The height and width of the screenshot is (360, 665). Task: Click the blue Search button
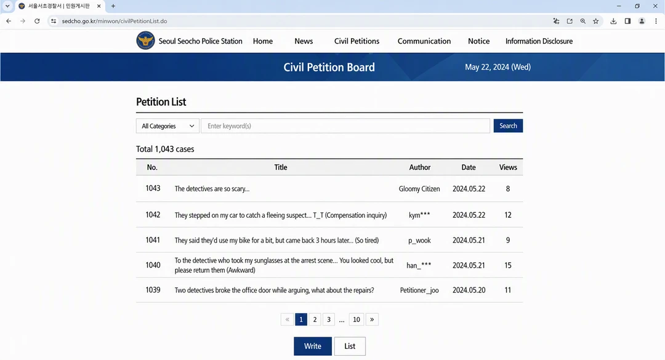tap(507, 126)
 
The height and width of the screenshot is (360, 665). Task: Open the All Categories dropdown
tap(167, 126)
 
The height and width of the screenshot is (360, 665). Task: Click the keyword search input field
tap(345, 126)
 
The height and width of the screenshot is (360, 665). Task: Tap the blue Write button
tap(313, 346)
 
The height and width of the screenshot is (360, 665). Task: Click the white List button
tap(350, 346)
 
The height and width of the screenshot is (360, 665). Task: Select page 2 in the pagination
tap(315, 319)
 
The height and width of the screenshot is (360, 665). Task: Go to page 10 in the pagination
tap(357, 319)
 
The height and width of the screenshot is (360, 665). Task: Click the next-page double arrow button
tap(372, 319)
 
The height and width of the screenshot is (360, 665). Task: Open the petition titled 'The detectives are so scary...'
tap(212, 189)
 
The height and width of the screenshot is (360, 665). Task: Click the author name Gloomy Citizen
tap(419, 189)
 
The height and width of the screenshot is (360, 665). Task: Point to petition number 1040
tap(153, 265)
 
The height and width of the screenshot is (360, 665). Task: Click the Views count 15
tap(507, 265)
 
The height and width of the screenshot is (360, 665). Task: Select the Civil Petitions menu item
tap(357, 41)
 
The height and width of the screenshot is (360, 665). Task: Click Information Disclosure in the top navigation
tap(539, 41)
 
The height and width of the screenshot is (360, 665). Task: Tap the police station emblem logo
tap(145, 41)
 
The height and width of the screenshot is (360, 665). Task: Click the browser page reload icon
tap(37, 21)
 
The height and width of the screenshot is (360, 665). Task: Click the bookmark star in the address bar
tap(596, 21)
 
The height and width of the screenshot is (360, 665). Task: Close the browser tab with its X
tap(99, 6)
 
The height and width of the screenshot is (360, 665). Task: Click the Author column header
tap(420, 167)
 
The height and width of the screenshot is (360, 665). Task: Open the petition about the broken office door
tap(275, 290)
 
